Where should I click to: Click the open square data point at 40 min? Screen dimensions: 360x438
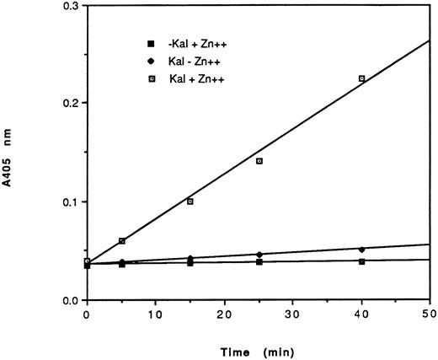(362, 78)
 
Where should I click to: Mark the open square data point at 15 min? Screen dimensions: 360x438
(190, 201)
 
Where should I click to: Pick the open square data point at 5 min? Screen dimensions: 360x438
(122, 241)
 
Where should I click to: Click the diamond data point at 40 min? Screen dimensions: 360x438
(362, 250)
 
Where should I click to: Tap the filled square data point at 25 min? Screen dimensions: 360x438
(259, 262)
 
